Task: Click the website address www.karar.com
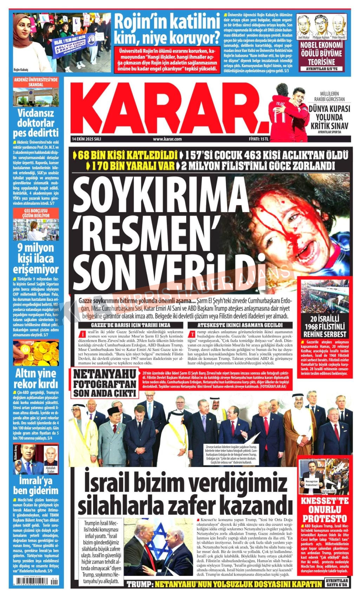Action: point(167,139)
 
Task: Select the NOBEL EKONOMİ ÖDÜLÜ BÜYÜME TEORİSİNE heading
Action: point(321,53)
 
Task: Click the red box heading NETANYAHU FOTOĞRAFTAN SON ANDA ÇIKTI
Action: point(104,383)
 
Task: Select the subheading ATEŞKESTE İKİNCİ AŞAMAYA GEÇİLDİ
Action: point(240,325)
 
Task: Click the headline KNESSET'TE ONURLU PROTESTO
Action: point(325,510)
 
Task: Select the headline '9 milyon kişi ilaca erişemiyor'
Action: point(36,258)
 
